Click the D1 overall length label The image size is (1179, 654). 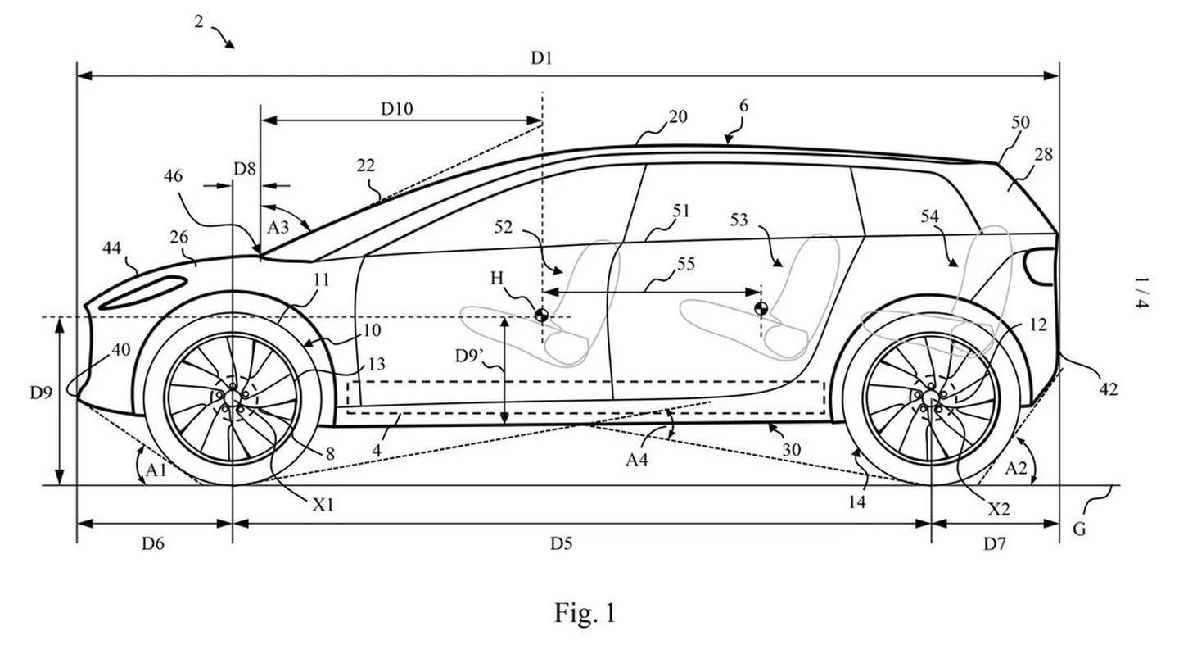[x=542, y=58]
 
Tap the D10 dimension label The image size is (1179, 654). [x=397, y=107]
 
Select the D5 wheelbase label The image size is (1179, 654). [x=561, y=543]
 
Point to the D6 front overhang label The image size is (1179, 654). [x=153, y=543]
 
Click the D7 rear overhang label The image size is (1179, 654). [x=994, y=543]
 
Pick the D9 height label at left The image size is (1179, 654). [x=42, y=393]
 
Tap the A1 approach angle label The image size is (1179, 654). [x=156, y=469]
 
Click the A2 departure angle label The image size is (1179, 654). [x=1015, y=469]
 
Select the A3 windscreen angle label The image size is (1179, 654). [x=278, y=227]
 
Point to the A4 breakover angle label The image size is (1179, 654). [x=638, y=460]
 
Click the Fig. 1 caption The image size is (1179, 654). [x=585, y=613]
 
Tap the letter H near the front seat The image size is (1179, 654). [x=497, y=279]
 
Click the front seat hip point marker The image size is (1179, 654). [x=541, y=314]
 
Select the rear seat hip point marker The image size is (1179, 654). [x=761, y=308]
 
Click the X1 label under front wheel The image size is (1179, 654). [x=324, y=505]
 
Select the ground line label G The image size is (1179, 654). [x=1079, y=529]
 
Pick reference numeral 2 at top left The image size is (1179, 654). [x=198, y=21]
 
